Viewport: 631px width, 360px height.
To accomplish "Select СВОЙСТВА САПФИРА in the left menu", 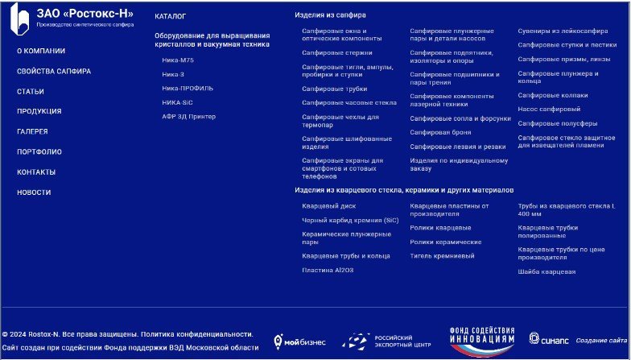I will (x=53, y=71).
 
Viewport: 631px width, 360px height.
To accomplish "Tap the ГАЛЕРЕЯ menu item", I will (x=32, y=131).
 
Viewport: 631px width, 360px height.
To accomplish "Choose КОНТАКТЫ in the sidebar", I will (x=36, y=172).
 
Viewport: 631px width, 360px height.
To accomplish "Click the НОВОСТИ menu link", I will (x=34, y=192).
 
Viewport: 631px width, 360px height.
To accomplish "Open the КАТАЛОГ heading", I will (x=170, y=16).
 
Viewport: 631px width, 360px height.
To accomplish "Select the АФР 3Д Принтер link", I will (x=188, y=116).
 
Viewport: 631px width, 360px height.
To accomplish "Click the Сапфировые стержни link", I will (x=326, y=52).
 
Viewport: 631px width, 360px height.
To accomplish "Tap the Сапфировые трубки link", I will (x=323, y=89).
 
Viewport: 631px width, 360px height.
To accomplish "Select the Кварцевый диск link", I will (x=323, y=205).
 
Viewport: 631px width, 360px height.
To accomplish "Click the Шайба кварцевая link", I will (x=546, y=271).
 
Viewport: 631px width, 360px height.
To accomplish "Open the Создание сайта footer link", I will (x=600, y=341).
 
